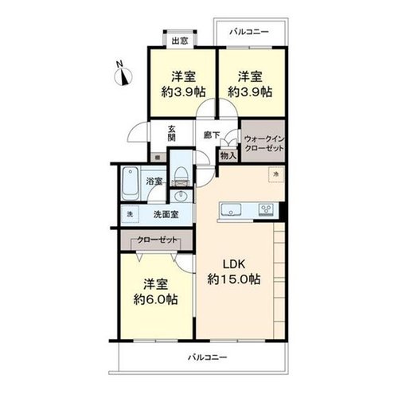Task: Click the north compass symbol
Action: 123,76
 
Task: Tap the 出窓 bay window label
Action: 180,41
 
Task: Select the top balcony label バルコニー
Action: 249,32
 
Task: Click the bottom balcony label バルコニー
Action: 208,357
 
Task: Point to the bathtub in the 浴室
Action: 131,183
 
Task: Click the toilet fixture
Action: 181,176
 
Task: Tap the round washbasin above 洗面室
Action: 181,197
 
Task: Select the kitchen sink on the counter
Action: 231,210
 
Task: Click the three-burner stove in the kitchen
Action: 266,209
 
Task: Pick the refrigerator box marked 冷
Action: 276,174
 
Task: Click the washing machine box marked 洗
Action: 130,214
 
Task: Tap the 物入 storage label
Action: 228,156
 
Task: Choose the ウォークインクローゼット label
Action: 264,143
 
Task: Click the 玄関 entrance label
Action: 172,134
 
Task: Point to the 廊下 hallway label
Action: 212,135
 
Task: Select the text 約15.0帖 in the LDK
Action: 234,279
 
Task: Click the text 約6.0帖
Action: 155,300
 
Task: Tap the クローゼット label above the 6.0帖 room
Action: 157,240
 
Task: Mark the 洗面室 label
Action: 166,214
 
